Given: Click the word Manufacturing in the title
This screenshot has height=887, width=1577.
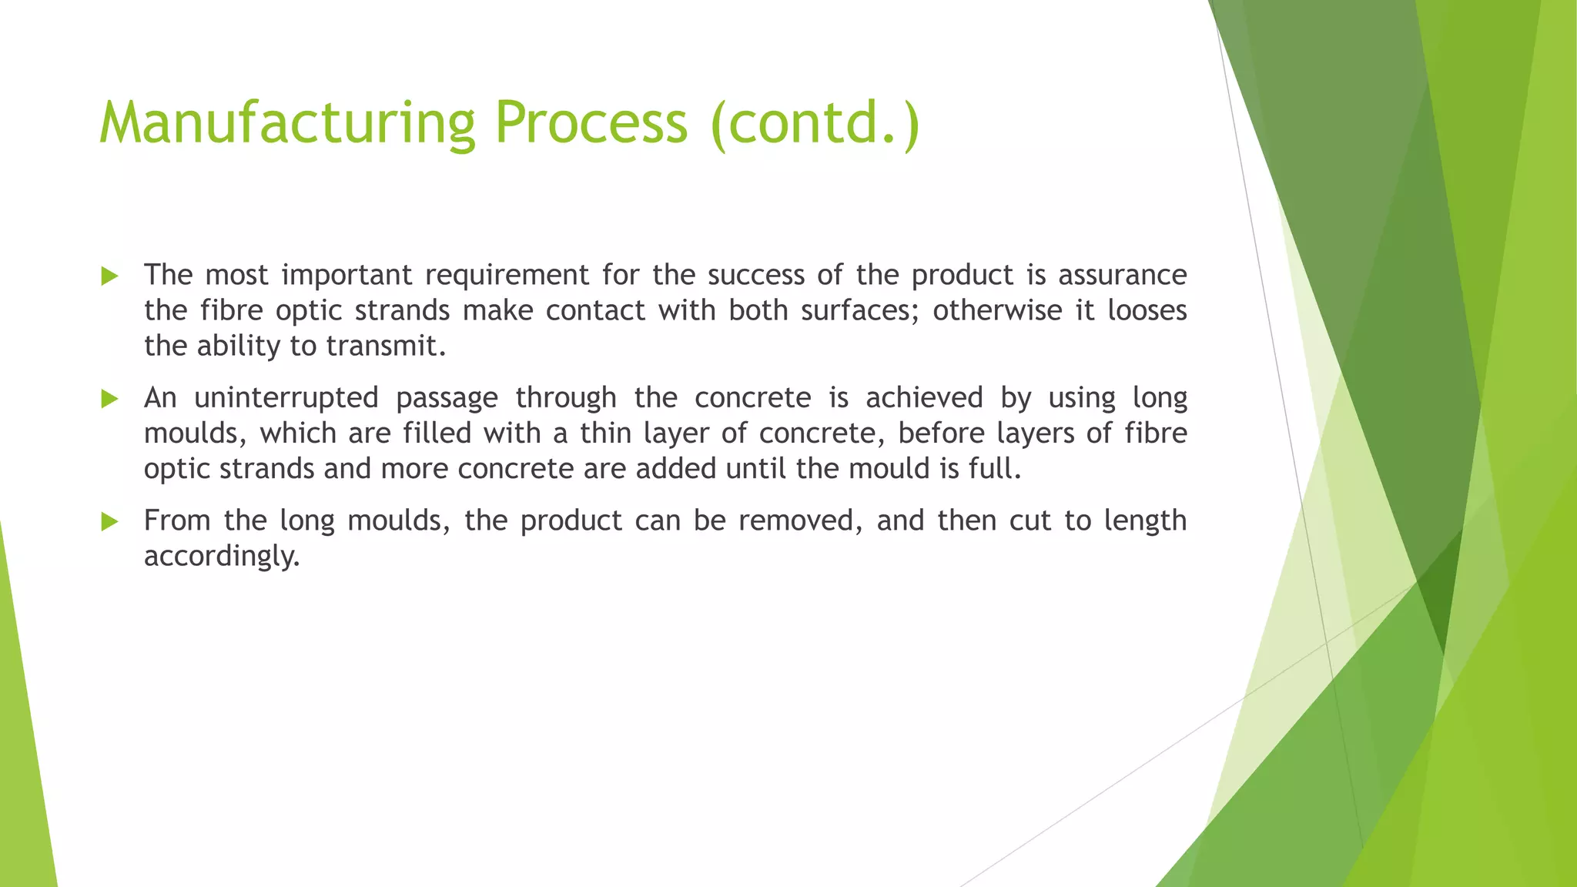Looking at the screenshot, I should (287, 123).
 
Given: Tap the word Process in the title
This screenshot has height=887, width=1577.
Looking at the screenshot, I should (590, 123).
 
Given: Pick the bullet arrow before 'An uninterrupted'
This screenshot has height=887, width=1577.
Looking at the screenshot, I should (110, 399).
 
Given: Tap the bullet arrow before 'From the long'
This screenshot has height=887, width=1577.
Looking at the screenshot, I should (110, 522).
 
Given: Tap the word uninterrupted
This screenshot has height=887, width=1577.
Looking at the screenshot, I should (286, 398).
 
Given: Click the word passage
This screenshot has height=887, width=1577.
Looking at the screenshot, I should (447, 399).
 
